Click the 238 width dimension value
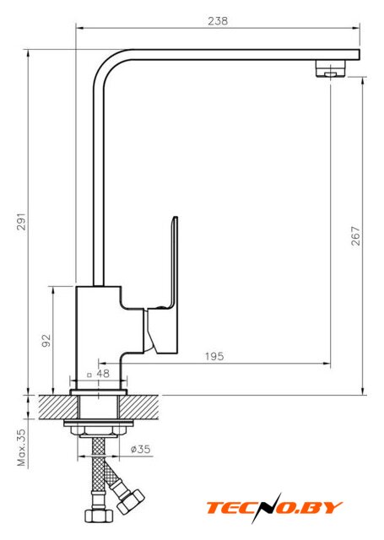tap(218, 21)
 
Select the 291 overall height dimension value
tap(21, 221)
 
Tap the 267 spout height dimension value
tap(355, 236)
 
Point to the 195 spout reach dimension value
tap(214, 356)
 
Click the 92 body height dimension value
tap(46, 341)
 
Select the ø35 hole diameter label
tap(140, 449)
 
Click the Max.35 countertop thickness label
tap(21, 447)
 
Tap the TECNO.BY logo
tap(274, 508)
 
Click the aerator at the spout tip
tap(330, 69)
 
